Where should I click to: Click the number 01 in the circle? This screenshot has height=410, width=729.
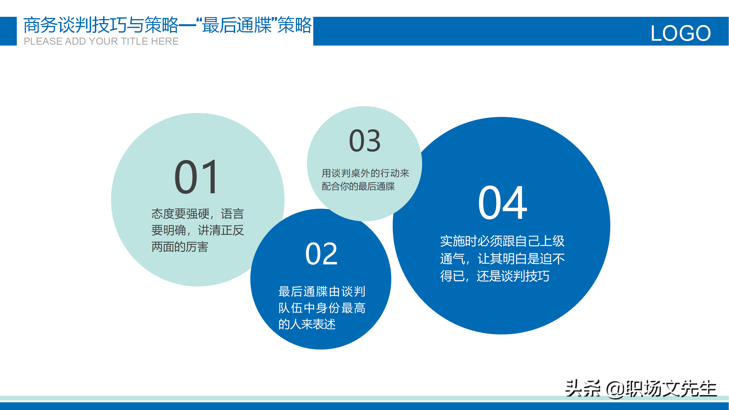[x=196, y=177]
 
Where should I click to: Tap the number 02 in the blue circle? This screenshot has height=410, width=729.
[x=322, y=254]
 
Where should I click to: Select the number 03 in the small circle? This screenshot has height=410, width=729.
[x=365, y=140]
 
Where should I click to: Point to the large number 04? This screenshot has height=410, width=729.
[x=503, y=202]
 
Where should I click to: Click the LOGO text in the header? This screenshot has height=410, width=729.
[x=681, y=33]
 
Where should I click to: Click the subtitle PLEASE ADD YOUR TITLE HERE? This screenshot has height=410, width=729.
[x=101, y=41]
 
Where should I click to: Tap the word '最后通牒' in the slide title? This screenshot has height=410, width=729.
[x=237, y=25]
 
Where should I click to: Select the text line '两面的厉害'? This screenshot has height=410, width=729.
[x=180, y=247]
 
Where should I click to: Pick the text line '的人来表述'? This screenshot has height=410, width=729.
[x=307, y=324]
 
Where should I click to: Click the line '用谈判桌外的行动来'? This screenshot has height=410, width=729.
[x=365, y=173]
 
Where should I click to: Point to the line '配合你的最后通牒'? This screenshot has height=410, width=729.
[x=358, y=186]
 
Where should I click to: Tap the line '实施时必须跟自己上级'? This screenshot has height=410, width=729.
[x=502, y=241]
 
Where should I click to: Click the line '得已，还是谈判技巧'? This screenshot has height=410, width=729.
[x=495, y=276]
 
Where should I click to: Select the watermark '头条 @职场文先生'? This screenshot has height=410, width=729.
[x=641, y=388]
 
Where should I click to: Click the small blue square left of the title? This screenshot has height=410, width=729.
[x=8, y=31]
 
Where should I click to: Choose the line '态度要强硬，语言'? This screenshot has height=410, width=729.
[x=198, y=214]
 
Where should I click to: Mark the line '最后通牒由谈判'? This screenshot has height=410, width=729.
[x=322, y=291]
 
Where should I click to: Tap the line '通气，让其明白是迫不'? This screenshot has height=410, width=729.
[x=502, y=259]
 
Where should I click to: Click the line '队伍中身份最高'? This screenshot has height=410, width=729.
[x=322, y=308]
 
